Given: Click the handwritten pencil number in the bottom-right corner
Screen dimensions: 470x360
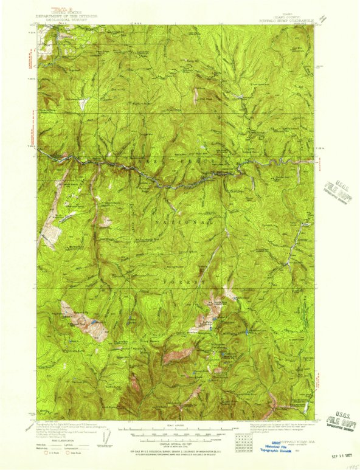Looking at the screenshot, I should coord(348,465).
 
